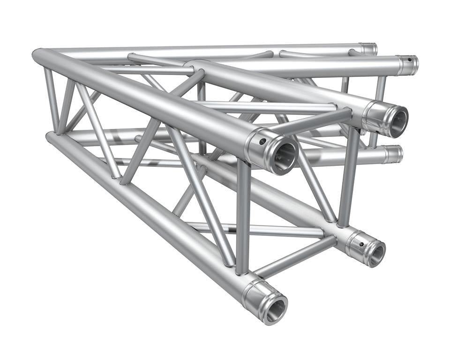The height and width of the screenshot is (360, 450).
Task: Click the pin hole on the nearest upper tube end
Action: pos(263,142)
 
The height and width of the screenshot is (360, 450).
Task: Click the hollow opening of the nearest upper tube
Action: pos(284,155)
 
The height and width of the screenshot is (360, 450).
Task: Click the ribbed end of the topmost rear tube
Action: pos(368,48)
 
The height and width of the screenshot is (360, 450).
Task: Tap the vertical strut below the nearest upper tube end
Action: pos(243,216)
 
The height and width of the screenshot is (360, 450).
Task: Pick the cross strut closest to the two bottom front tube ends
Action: pos(295,256)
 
